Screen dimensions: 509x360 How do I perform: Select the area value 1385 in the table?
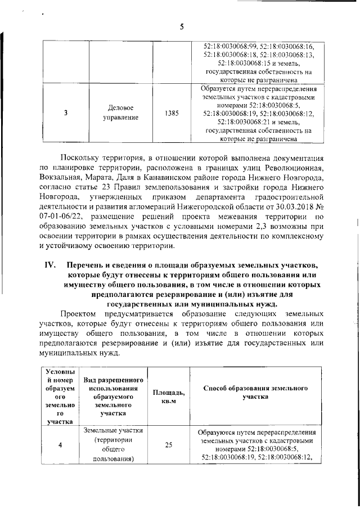click(x=173, y=113)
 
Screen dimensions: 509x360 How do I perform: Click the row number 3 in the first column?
click(x=66, y=113)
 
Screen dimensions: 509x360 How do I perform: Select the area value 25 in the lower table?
click(x=168, y=445)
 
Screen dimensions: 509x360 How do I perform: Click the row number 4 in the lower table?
click(x=60, y=445)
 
